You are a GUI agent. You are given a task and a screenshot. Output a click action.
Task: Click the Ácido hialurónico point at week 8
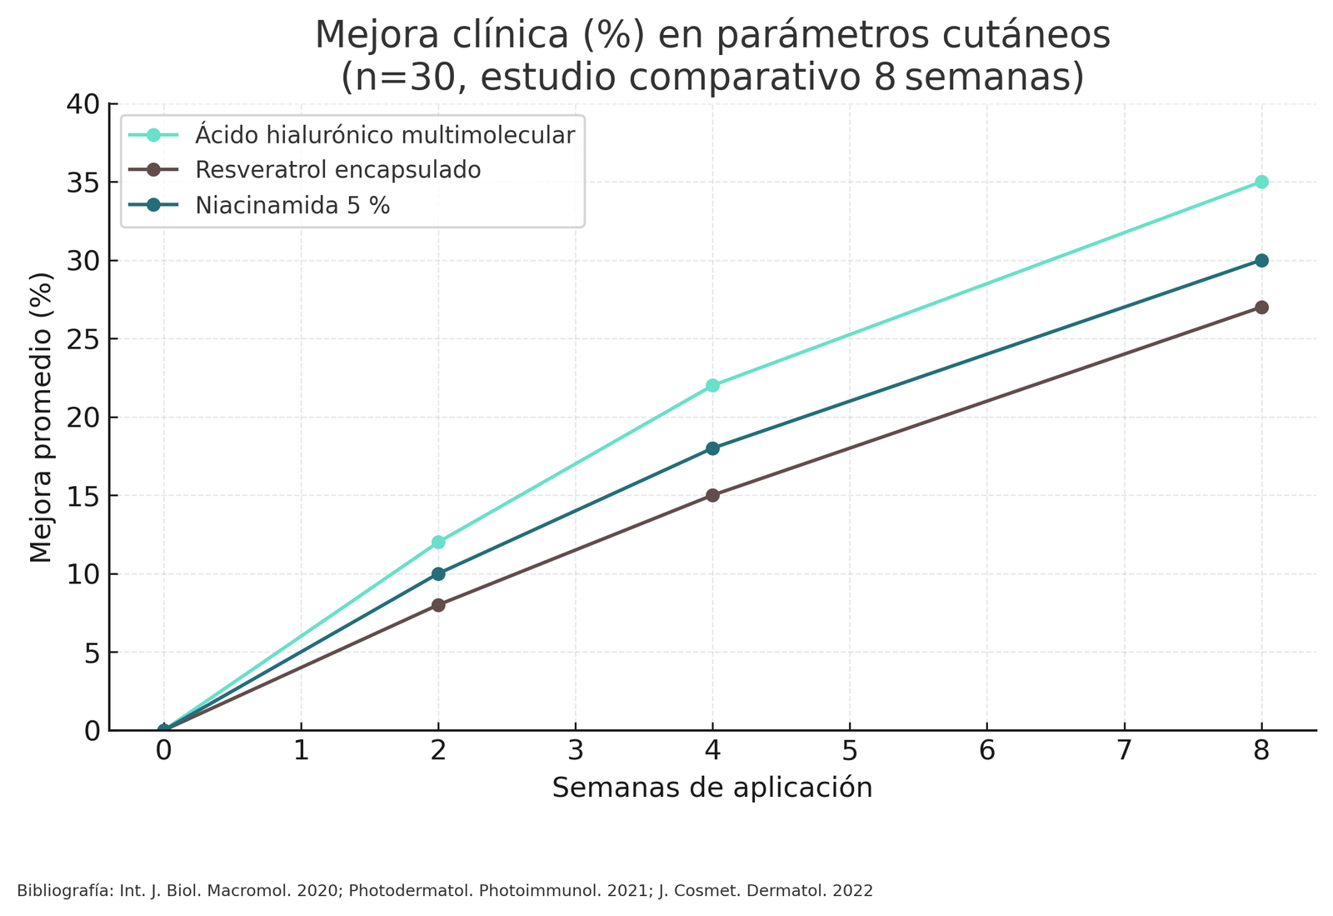coord(1261,182)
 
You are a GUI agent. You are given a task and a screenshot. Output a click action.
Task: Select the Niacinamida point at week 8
coord(1261,261)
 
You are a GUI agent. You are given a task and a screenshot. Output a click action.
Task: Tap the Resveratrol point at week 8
coord(1261,308)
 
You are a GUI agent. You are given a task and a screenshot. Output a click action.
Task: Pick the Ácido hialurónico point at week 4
coord(712,386)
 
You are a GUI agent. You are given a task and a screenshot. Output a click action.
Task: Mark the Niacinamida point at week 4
coord(712,448)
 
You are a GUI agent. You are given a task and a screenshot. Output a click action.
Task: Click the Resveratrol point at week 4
coord(712,495)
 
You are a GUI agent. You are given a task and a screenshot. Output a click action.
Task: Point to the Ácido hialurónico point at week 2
coord(438,543)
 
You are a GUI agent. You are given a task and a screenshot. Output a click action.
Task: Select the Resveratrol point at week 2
coord(438,605)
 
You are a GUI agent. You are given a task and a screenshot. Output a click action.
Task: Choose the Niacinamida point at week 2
coord(438,574)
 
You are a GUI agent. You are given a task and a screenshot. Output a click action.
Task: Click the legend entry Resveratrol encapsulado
coord(337,170)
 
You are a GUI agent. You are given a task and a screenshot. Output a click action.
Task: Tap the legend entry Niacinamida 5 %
coord(292,206)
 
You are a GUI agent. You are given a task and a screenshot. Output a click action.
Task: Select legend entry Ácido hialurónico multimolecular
coord(384,135)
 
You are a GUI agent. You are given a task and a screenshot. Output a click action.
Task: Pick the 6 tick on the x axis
coord(987,751)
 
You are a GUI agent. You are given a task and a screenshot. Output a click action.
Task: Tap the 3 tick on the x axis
coord(576,751)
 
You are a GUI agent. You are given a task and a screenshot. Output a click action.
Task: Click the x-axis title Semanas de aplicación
coord(712,788)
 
